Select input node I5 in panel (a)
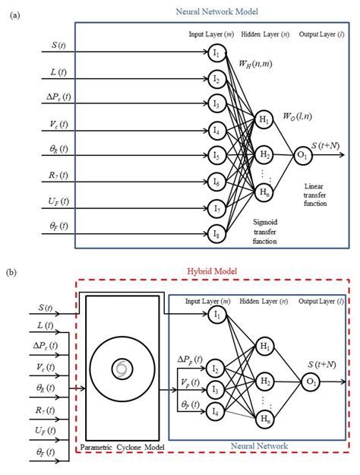click(x=217, y=156)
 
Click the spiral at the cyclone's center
click(x=122, y=369)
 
